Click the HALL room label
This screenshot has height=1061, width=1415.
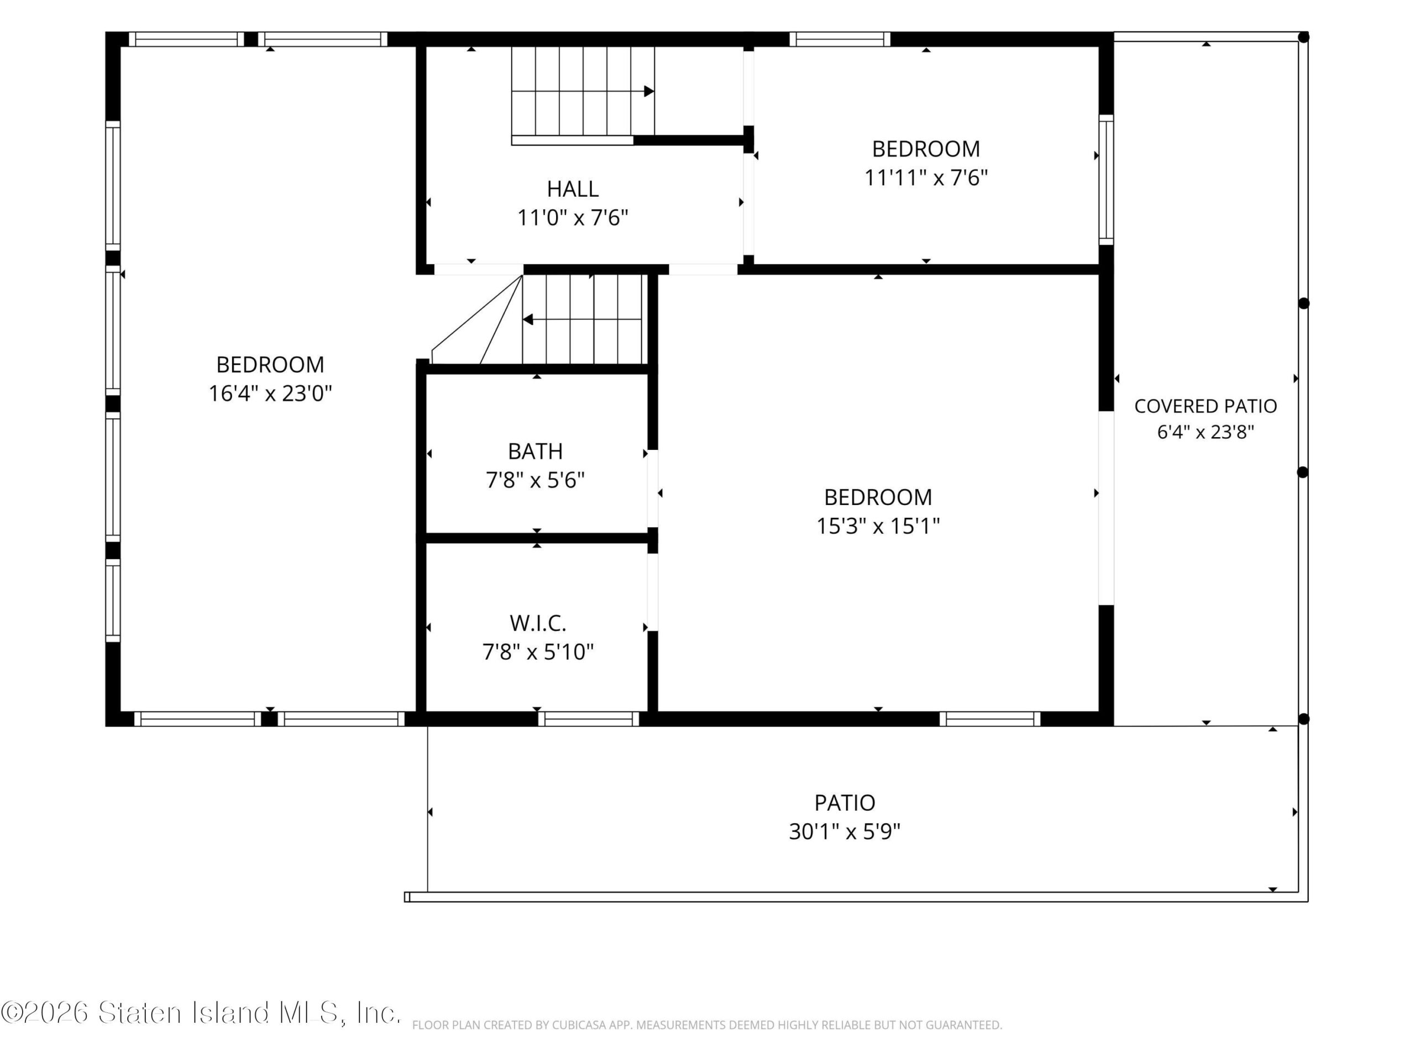click(573, 190)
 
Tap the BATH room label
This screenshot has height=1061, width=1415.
click(536, 451)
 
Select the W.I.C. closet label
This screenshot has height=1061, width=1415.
click(538, 623)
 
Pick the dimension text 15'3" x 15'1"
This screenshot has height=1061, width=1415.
click(878, 526)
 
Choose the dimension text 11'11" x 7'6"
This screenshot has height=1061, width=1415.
click(926, 177)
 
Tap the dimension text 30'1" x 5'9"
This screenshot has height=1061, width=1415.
click(845, 832)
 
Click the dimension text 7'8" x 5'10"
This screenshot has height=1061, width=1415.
click(538, 652)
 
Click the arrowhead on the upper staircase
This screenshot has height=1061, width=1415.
click(649, 91)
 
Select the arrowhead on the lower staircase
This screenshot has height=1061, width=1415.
click(528, 319)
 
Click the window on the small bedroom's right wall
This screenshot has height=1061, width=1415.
click(1106, 180)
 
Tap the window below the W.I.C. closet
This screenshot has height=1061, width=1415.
click(589, 719)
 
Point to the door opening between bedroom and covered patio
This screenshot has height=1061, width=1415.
click(1106, 508)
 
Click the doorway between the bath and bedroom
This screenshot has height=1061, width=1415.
click(652, 489)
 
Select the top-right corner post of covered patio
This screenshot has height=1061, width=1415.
click(1303, 38)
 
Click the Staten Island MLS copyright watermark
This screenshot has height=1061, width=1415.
click(201, 1012)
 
